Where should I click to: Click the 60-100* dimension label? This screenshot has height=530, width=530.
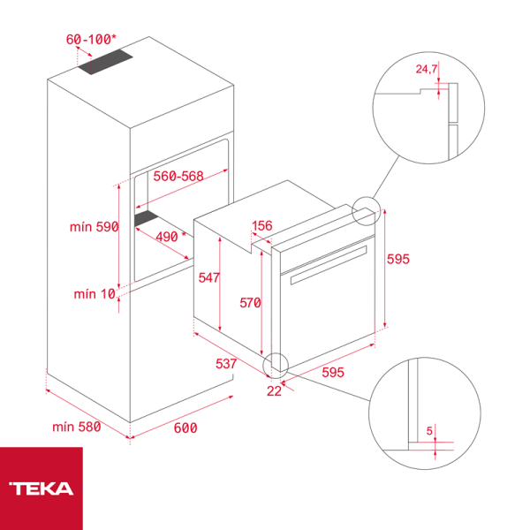coord(91,40)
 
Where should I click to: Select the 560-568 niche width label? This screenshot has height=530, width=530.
coord(178,176)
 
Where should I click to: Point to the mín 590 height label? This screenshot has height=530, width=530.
coord(94,227)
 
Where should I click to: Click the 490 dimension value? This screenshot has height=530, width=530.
coord(166,237)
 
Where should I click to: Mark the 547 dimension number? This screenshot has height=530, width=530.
coord(208,277)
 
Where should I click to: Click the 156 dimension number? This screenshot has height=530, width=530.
coord(261,226)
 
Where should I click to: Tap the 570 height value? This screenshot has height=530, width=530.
coord(250,303)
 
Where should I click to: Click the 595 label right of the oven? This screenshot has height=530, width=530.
coord(399,260)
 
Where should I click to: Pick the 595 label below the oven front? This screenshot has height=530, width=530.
coord(332,373)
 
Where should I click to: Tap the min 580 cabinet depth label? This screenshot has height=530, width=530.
coord(77,428)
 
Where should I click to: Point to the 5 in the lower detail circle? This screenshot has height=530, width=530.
coord(430,431)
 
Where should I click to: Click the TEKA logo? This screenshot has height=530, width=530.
coord(42,488)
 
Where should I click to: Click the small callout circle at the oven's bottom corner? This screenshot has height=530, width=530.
coord(276,364)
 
